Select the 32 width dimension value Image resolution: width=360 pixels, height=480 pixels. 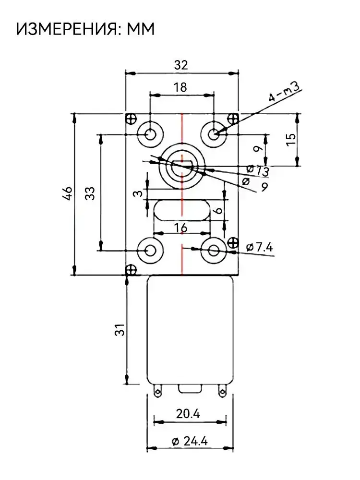[181, 66]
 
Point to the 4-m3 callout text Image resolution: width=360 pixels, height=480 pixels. [285, 91]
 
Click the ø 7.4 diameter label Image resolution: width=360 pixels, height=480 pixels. [259, 248]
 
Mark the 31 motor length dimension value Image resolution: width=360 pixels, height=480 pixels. [120, 330]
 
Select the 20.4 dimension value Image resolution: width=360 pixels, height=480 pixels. [189, 414]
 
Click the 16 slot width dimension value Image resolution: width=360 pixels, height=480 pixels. [181, 228]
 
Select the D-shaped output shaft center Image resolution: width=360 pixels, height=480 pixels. [182, 166]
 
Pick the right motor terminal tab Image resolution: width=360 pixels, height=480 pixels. [221, 392]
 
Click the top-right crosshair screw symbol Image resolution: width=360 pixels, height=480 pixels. [233, 118]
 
